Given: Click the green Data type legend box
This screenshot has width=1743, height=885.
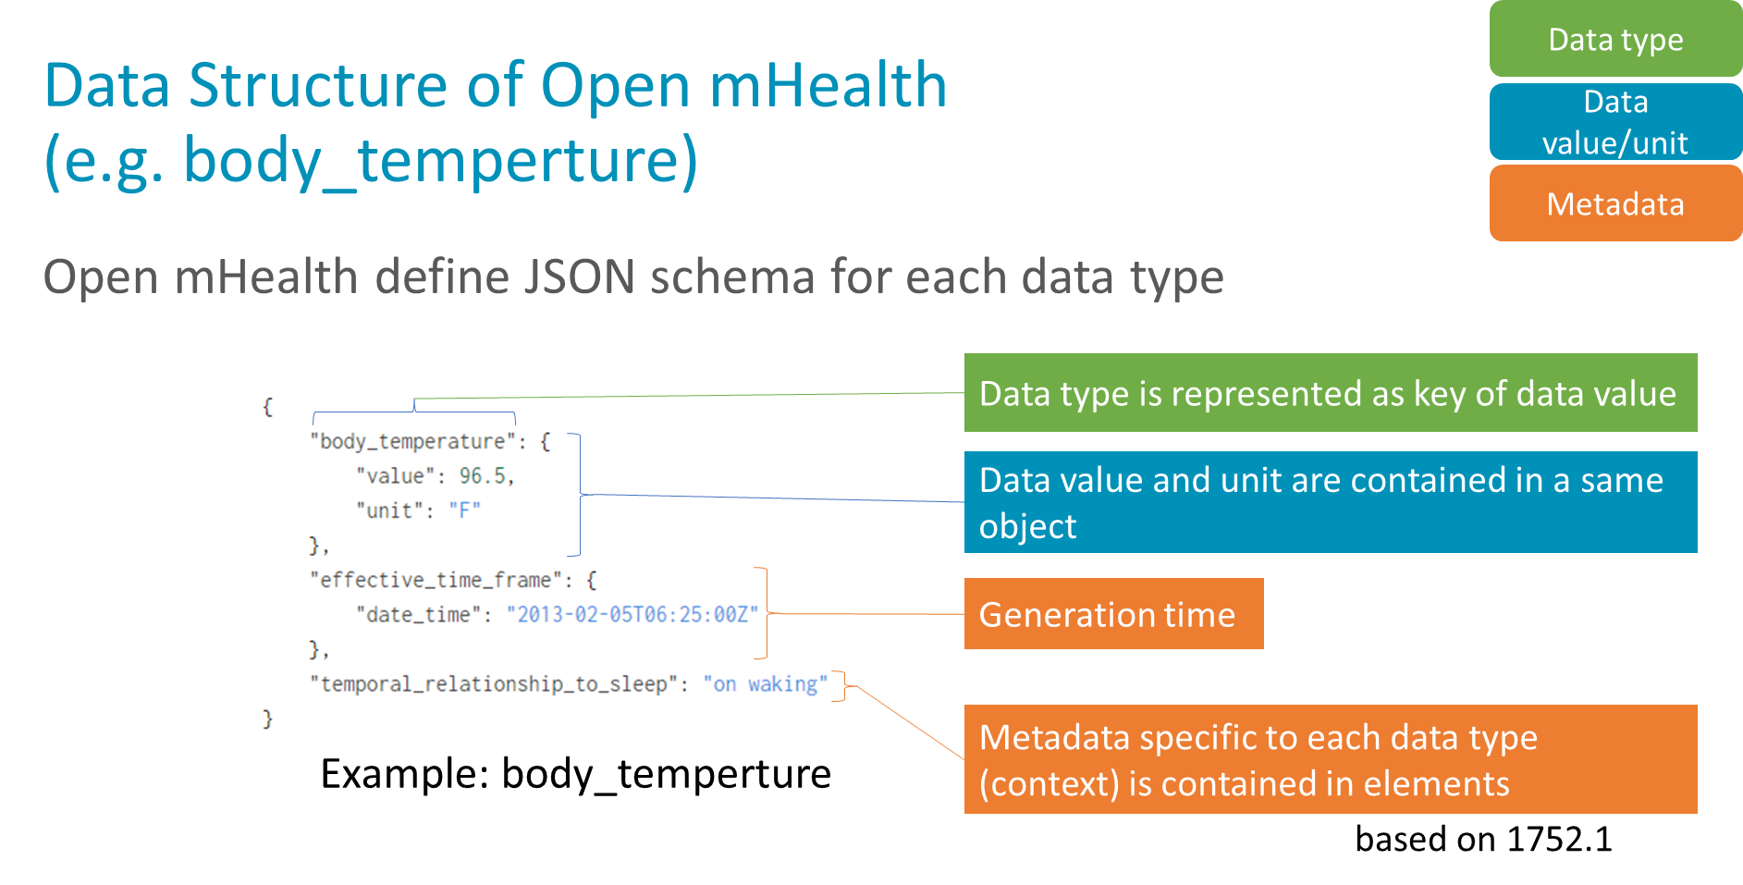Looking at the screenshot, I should (1614, 39).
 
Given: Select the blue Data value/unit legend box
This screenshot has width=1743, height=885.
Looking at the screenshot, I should (1614, 121).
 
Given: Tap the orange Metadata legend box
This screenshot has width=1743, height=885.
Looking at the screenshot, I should (1614, 203).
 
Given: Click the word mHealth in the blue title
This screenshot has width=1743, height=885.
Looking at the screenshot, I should (828, 86).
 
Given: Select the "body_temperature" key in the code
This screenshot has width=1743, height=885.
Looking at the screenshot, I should (412, 441).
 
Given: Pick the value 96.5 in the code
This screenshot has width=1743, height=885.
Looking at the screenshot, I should (483, 476).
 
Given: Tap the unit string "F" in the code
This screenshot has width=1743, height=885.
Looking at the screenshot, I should (464, 510).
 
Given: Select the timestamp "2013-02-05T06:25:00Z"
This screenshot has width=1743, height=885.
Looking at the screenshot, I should (632, 615).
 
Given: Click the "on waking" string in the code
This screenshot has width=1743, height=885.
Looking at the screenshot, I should (765, 684).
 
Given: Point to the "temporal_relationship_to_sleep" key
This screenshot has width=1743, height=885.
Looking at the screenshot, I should (494, 684).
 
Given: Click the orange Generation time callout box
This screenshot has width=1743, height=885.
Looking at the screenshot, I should (1112, 614).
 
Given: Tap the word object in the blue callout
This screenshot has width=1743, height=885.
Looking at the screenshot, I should (1027, 527).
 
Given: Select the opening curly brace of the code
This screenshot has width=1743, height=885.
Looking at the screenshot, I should (267, 407).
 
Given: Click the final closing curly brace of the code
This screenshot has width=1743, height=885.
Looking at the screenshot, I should (267, 719).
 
